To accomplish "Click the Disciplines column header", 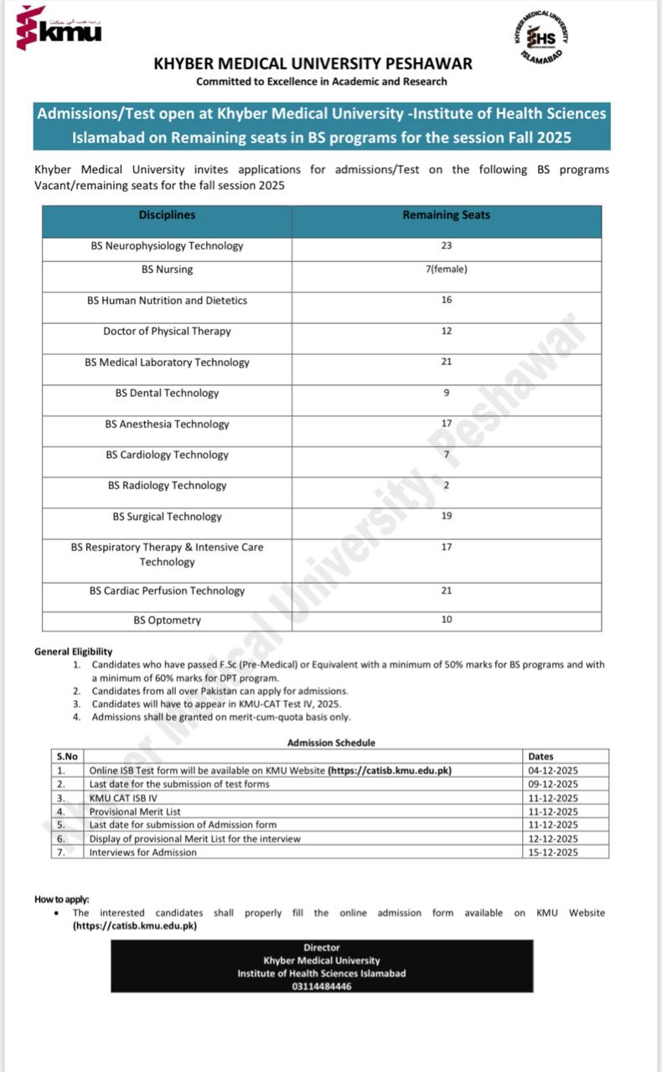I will tap(167, 215).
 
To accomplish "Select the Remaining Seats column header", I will tap(446, 215).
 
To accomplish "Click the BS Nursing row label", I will tap(167, 270).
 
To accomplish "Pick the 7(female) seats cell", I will tap(446, 270).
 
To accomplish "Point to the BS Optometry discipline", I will tap(167, 621).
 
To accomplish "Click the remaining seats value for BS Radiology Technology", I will tap(447, 486).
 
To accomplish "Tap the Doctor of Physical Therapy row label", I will tap(167, 332).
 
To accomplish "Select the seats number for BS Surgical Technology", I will tap(447, 517).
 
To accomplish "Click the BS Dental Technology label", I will tap(167, 394).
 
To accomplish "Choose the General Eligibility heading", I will tap(73, 652).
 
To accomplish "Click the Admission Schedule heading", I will tap(331, 743).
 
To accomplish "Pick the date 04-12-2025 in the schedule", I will tap(553, 770).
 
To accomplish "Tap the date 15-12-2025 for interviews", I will tap(553, 853).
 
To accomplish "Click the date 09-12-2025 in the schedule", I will tap(553, 784).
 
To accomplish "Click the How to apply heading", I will tap(61, 899).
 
